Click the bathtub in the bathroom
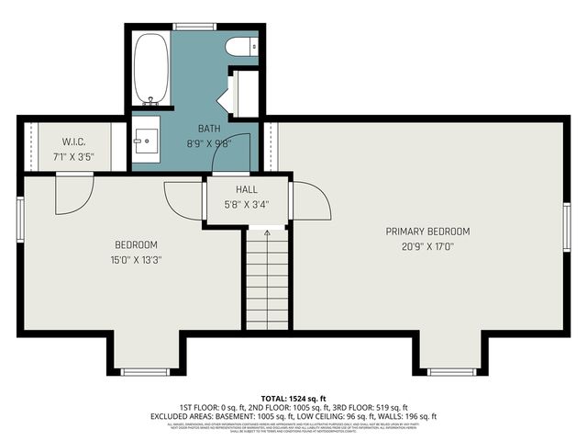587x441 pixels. (x=151, y=69)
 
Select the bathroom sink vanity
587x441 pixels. (x=146, y=140)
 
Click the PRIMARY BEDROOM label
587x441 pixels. (x=427, y=232)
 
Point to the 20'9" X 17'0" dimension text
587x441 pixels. (x=427, y=246)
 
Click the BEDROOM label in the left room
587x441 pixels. (x=136, y=244)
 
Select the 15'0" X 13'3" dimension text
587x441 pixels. (x=136, y=259)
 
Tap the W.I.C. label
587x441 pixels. (x=74, y=141)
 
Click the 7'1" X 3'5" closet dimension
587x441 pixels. (x=74, y=156)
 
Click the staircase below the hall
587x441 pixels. (x=267, y=285)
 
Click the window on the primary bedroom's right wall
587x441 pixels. (x=567, y=227)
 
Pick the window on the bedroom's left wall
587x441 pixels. (x=20, y=219)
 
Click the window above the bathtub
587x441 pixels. (x=194, y=27)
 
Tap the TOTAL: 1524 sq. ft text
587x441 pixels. (x=293, y=397)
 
